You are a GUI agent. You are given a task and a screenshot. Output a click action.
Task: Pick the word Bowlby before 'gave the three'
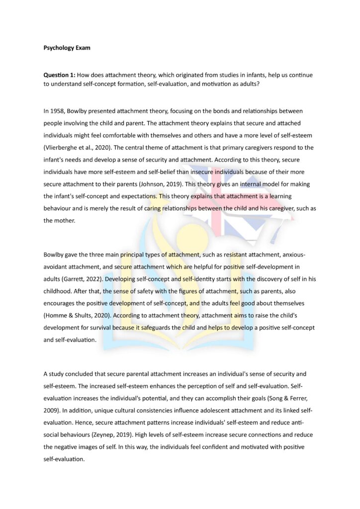click(x=54, y=254)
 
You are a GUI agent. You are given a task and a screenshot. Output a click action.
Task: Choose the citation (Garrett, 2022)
click(x=83, y=279)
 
